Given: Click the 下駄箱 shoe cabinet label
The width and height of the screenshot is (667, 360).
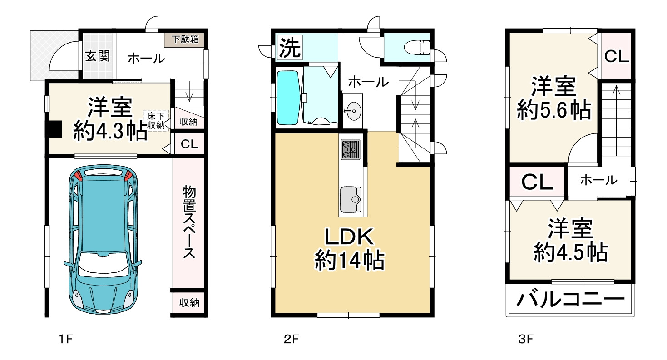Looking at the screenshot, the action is point(185,39).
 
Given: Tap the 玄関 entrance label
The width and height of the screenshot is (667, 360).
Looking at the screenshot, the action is point(97,56).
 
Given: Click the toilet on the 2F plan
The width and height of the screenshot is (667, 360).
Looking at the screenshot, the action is point(416,47).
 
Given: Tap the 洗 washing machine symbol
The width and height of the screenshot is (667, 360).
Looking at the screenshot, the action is point(289,47).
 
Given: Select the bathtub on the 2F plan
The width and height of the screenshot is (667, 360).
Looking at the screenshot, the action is point(288,98).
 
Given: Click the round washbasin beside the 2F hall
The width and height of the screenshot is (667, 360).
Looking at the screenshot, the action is point(353,111).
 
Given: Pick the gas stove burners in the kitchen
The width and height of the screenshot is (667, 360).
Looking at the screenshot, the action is point(351,149).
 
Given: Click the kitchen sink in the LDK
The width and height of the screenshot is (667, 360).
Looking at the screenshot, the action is point(351,199).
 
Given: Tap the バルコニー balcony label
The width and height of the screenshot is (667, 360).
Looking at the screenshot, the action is point(570,300).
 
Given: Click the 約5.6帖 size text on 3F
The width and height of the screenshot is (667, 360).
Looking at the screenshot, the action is point(554,110).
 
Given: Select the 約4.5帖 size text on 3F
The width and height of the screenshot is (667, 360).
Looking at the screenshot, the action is point(571,253).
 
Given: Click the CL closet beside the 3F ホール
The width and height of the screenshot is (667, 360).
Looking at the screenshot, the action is point(537,182).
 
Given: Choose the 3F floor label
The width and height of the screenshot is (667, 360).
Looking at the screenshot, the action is point(525,339).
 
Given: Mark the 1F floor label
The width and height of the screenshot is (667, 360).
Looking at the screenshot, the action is point(65,339).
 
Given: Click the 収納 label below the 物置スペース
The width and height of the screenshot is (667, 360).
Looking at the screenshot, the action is point(189,303).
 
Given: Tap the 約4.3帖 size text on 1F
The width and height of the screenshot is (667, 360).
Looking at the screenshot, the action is point(110,131).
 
